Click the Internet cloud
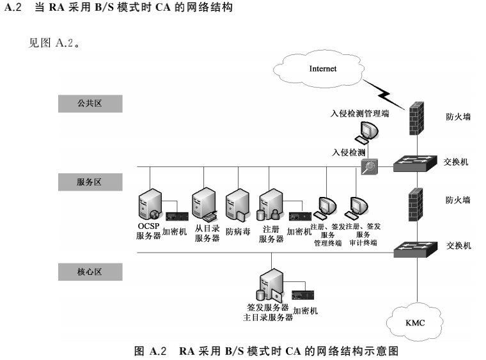(x=323, y=68)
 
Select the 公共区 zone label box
(x=90, y=104)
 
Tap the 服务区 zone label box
(x=90, y=183)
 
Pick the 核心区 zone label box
(x=90, y=272)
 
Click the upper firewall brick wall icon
(x=416, y=118)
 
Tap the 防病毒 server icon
(x=237, y=205)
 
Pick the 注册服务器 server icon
(x=270, y=205)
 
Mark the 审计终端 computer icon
(x=356, y=207)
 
